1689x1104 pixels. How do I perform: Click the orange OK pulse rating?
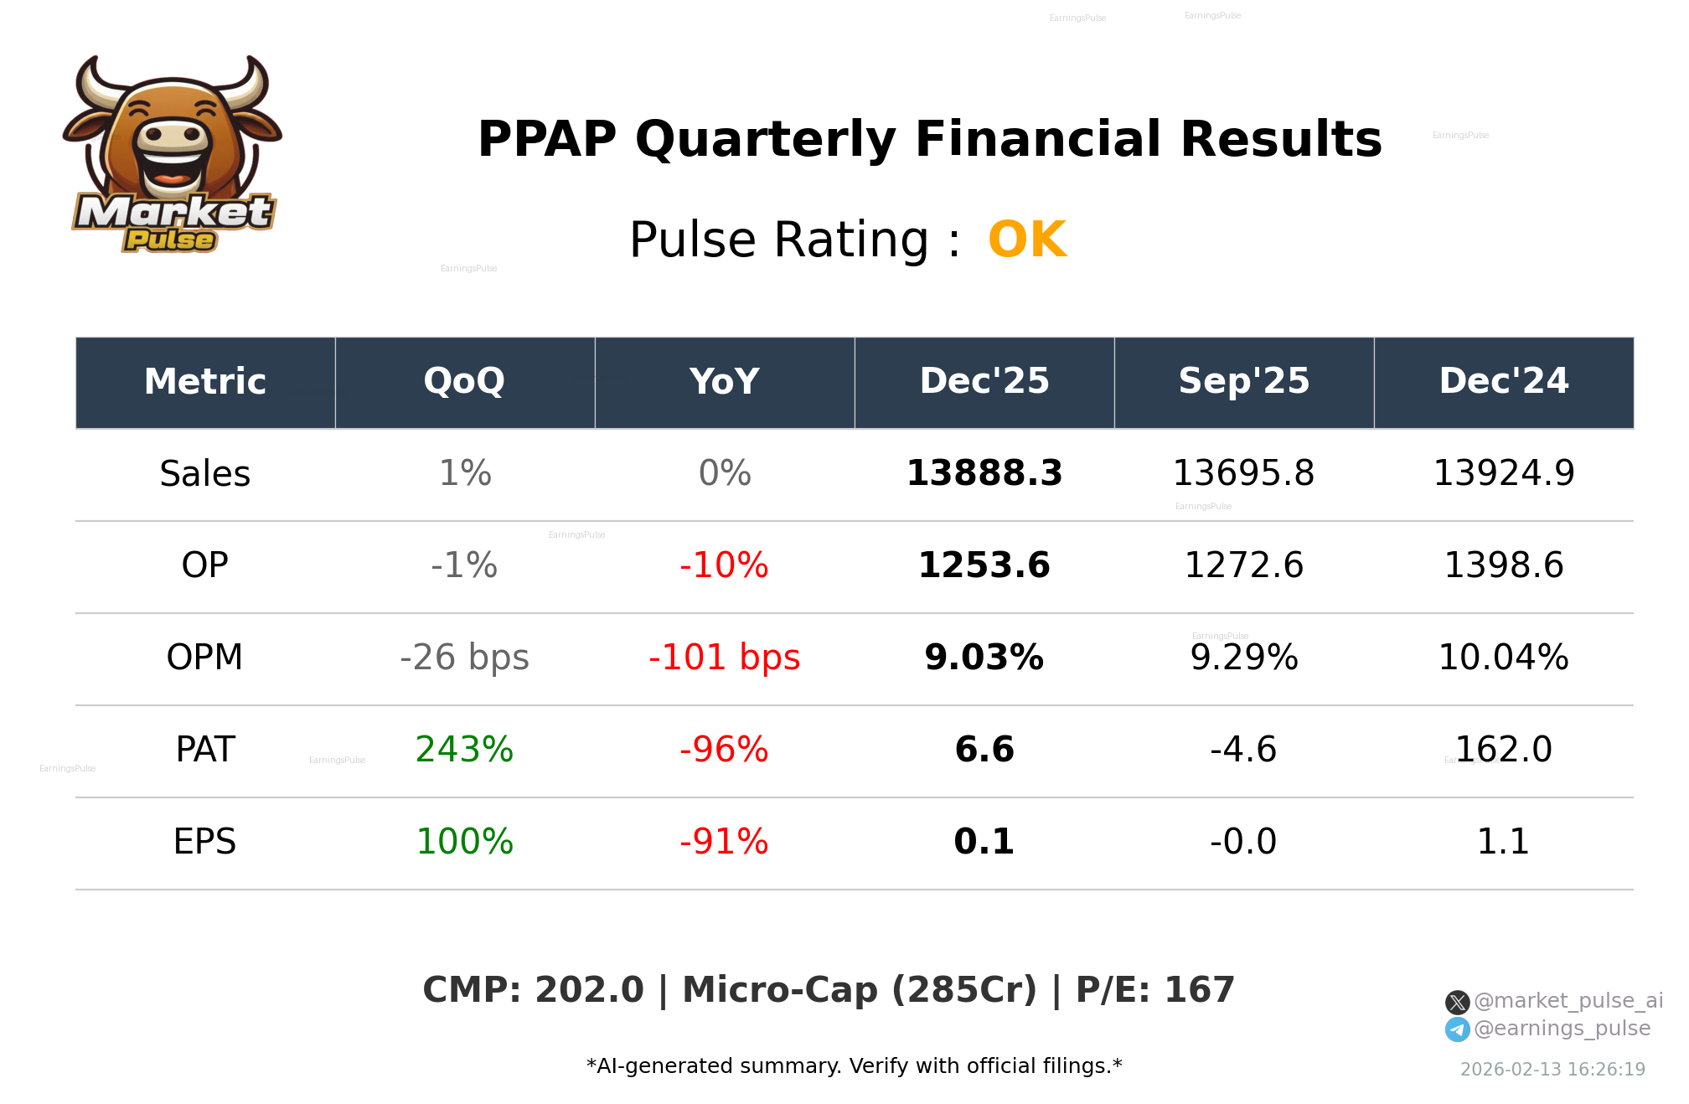click(x=1027, y=240)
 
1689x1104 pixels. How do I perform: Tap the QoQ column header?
click(x=464, y=382)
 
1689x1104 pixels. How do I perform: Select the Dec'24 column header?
click(x=1503, y=382)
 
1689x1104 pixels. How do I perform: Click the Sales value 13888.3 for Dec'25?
click(x=984, y=473)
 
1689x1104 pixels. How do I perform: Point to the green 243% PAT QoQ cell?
click(x=464, y=750)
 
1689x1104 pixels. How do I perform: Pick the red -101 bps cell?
click(x=724, y=658)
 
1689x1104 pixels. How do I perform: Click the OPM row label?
click(x=204, y=658)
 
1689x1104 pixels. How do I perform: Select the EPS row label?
click(x=204, y=842)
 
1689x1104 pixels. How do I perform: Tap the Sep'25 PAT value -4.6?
click(x=1243, y=750)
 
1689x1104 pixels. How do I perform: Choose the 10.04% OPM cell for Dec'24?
click(x=1503, y=658)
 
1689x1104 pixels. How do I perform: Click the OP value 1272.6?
click(x=1243, y=565)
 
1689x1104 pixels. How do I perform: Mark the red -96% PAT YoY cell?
click(x=724, y=750)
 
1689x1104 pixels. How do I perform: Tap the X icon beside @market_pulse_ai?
click(x=1457, y=1002)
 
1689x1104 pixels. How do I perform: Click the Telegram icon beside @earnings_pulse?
click(x=1457, y=1029)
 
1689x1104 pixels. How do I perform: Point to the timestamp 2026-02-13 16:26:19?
click(x=1552, y=1070)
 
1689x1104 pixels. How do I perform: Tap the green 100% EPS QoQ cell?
click(x=464, y=842)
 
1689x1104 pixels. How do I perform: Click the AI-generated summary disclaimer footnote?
click(x=854, y=1066)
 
